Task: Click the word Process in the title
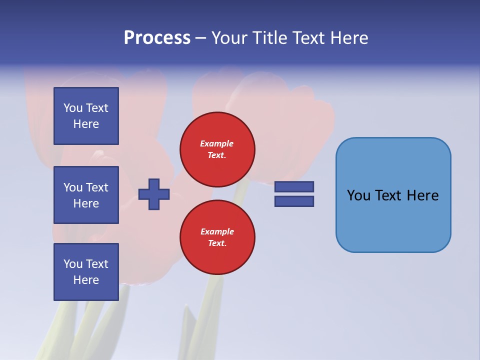[157, 38]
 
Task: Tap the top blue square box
[86, 116]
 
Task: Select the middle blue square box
[86, 195]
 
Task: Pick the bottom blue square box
[86, 272]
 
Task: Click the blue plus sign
[154, 194]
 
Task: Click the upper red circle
[217, 149]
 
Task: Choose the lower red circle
[217, 237]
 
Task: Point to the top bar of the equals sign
[294, 187]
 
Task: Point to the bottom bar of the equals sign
[294, 201]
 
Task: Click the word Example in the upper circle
[216, 144]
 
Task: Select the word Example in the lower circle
[217, 232]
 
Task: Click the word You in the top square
[72, 108]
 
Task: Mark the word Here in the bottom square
[86, 280]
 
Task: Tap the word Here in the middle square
[86, 203]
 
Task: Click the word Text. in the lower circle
[217, 243]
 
